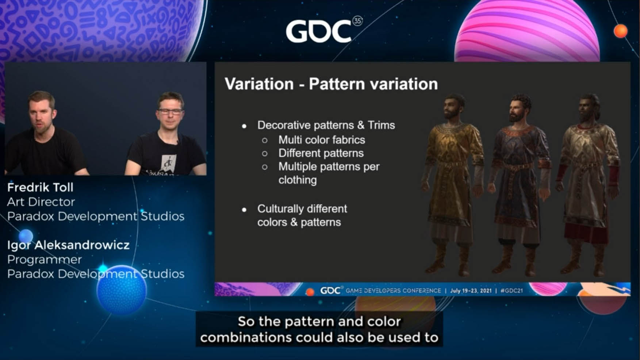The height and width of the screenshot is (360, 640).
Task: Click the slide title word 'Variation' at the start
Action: tap(259, 84)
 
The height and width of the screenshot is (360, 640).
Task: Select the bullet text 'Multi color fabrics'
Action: tap(322, 140)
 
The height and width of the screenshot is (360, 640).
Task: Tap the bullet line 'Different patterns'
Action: tap(321, 153)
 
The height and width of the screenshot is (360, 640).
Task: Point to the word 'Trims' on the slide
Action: tap(381, 125)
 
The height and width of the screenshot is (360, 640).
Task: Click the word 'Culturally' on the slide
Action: tap(281, 209)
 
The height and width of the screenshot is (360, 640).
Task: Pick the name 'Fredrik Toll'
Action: tap(40, 187)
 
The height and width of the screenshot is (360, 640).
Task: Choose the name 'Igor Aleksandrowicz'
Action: tap(68, 245)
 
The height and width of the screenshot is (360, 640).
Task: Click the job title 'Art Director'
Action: tap(41, 202)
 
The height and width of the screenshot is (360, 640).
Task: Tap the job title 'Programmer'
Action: tap(45, 260)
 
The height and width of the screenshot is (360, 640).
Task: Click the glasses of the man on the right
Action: tap(170, 111)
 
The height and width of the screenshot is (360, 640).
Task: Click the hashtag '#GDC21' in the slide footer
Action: tap(511, 291)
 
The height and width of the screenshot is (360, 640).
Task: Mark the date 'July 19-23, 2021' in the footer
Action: tap(471, 291)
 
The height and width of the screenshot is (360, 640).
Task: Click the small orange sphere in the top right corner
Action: tap(620, 31)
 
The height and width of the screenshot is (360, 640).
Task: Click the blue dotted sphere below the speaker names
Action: tap(122, 290)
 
